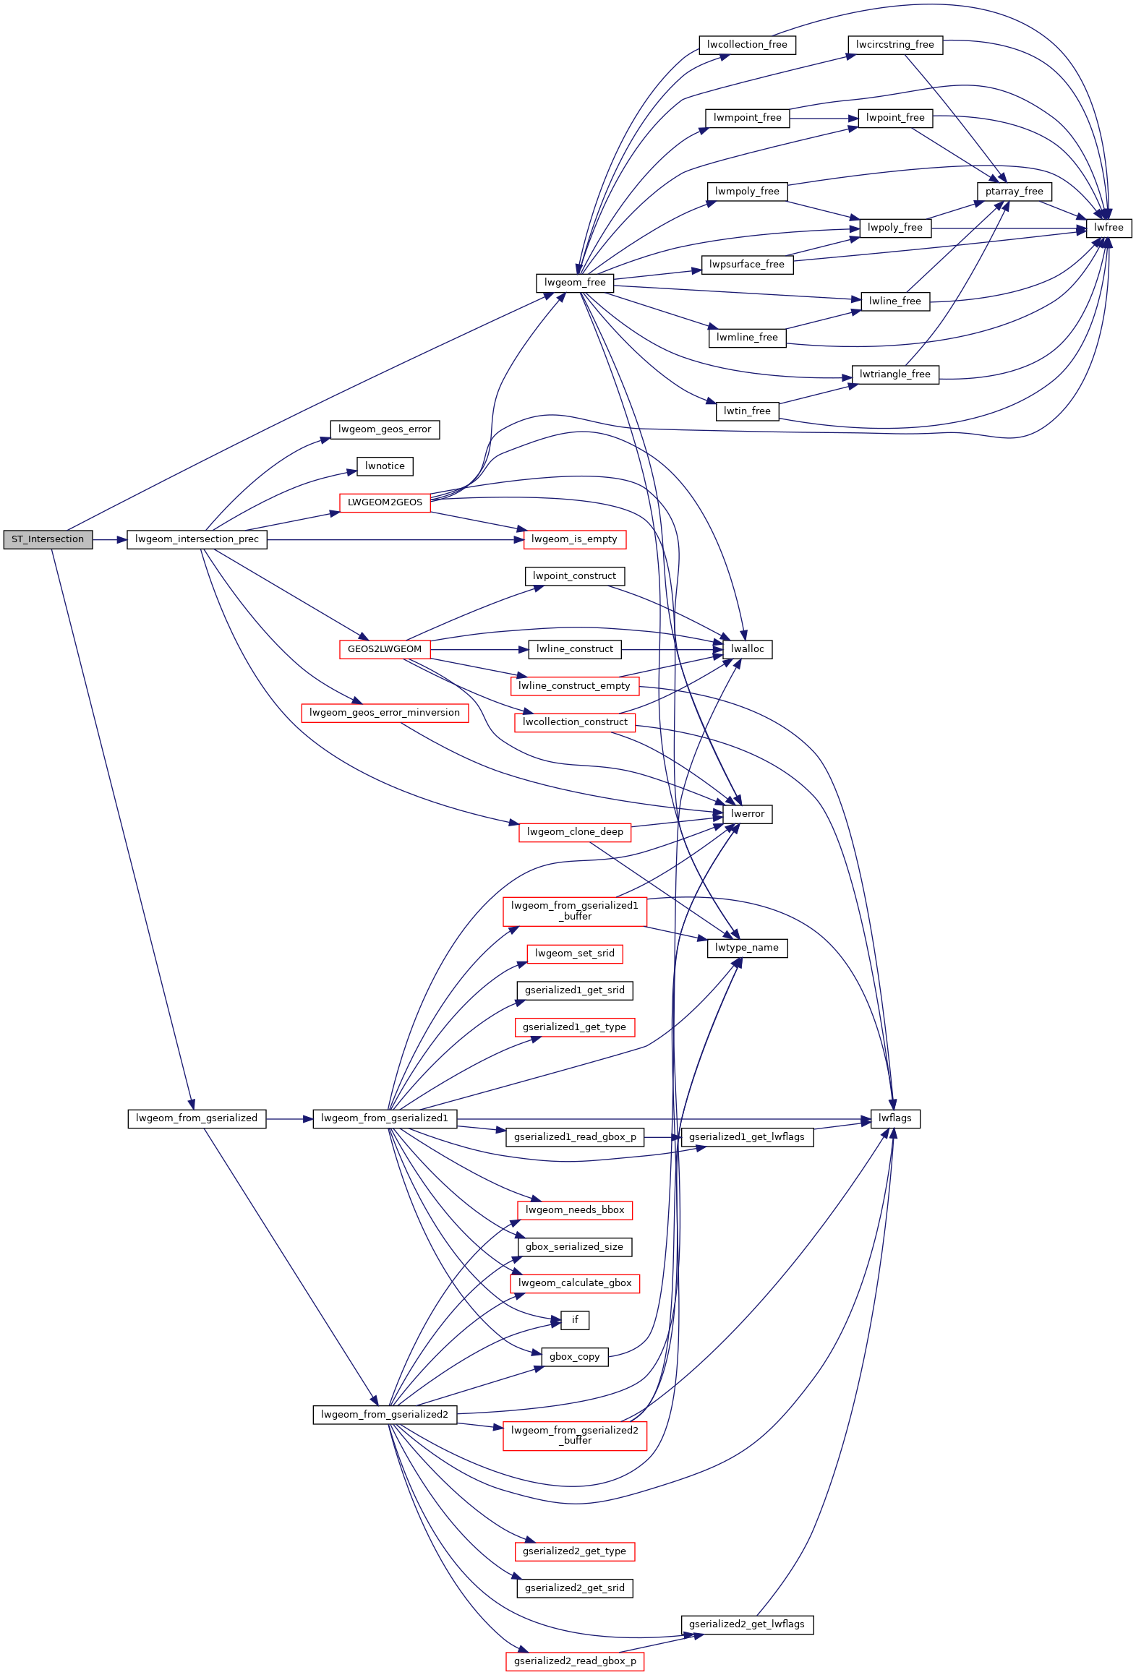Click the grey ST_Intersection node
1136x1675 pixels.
pyautogui.click(x=48, y=539)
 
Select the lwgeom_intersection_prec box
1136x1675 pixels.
pyautogui.click(x=197, y=539)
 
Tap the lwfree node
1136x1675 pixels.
pyautogui.click(x=1108, y=228)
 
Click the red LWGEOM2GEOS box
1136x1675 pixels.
pyautogui.click(x=385, y=502)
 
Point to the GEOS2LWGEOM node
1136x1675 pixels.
pyautogui.click(x=385, y=649)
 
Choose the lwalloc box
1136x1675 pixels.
pyautogui.click(x=747, y=649)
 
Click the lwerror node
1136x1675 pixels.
pyautogui.click(x=747, y=814)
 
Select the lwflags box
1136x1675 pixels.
pyautogui.click(x=894, y=1118)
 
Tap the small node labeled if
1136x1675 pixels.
pyautogui.click(x=575, y=1320)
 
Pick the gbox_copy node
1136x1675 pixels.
pyautogui.click(x=575, y=1357)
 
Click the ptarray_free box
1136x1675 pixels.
pyautogui.click(x=1014, y=192)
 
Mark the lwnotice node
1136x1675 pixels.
pyautogui.click(x=385, y=466)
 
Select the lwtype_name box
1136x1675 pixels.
pyautogui.click(x=747, y=948)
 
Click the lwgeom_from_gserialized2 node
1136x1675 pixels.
pyautogui.click(x=385, y=1415)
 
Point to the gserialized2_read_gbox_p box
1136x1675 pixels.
pyautogui.click(x=575, y=1661)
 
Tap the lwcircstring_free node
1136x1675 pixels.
pyautogui.click(x=894, y=45)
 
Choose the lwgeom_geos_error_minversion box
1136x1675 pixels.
pyautogui.click(x=385, y=713)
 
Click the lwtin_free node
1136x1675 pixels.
pyautogui.click(x=747, y=411)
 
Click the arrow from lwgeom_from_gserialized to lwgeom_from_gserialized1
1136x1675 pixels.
pyautogui.click(x=289, y=1119)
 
